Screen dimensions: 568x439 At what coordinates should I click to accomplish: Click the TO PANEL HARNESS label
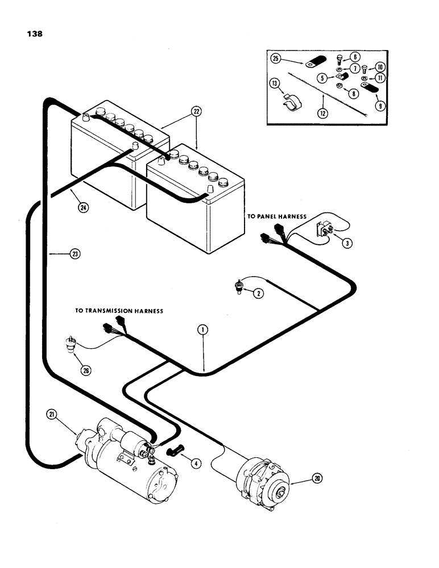276,216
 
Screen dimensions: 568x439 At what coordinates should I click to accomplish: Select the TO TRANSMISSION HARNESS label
119,311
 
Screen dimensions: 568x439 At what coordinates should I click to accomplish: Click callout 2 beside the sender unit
258,294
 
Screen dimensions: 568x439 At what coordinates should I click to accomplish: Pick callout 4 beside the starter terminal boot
195,463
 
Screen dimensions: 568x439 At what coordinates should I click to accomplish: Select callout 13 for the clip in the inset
275,84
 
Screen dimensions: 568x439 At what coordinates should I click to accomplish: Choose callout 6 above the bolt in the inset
354,57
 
